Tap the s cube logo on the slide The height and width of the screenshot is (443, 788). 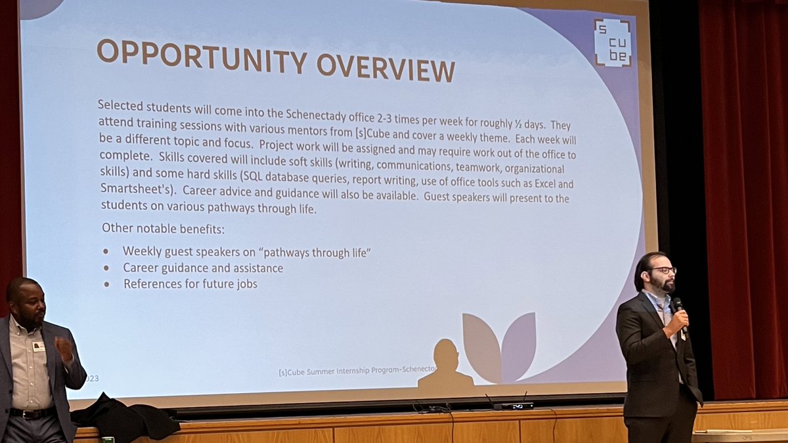[612, 43]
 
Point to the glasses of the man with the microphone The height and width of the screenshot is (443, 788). [662, 270]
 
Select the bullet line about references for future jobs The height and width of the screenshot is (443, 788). [190, 284]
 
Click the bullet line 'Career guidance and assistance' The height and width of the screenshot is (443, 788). [203, 268]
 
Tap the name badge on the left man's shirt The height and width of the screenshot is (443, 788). [39, 346]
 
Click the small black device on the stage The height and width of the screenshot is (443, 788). [514, 406]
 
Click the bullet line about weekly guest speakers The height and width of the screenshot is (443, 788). [246, 252]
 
